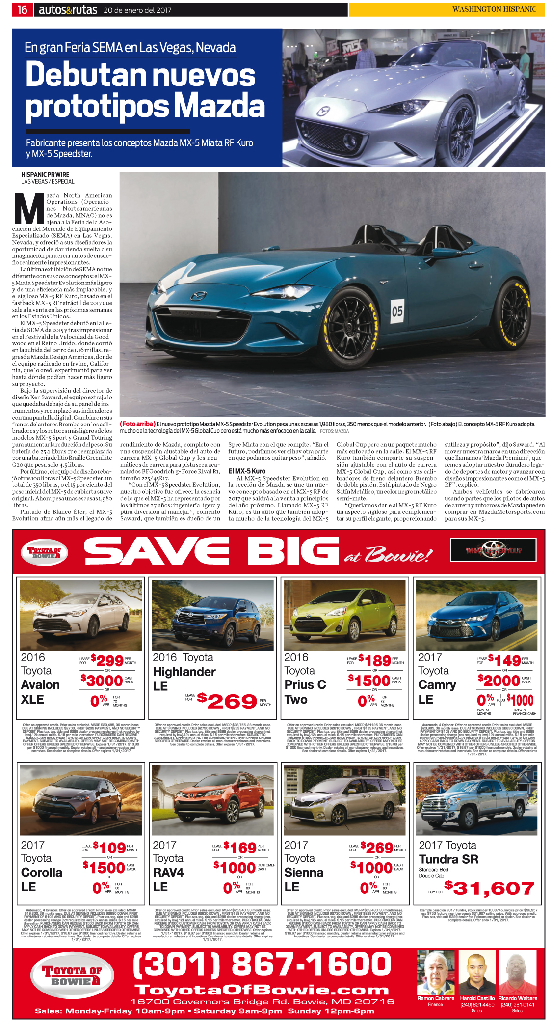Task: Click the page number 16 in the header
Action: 23,9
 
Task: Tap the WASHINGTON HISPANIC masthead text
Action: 494,9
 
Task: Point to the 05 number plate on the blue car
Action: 397,311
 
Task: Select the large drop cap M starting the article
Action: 29,208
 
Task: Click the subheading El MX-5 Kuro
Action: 247,471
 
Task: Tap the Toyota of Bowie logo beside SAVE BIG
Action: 44,552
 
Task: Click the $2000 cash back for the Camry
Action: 499,681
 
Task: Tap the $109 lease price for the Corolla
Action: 109,848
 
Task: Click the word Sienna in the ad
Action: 304,872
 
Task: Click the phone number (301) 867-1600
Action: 262,964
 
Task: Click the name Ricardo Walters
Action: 518,998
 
